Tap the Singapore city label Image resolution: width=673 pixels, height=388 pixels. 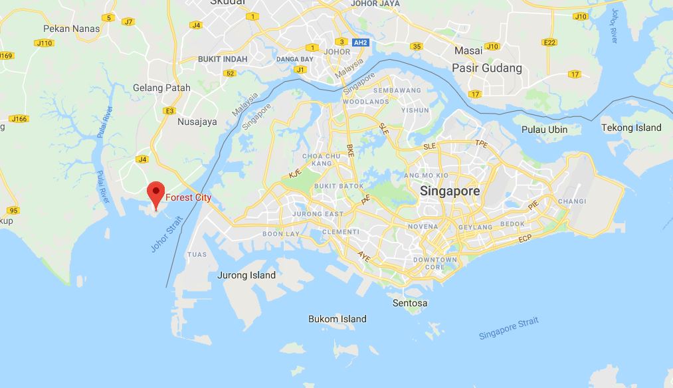coord(450,191)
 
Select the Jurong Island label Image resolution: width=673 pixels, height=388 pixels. coord(246,275)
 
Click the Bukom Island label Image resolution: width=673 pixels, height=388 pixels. coord(337,319)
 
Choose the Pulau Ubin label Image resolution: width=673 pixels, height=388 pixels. coord(544,129)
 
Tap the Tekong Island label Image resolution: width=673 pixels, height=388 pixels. coord(631,128)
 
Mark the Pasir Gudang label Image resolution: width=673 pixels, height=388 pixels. coord(486,68)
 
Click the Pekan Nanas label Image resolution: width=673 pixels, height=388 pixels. coord(71,29)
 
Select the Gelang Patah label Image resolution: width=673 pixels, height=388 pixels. coord(161,88)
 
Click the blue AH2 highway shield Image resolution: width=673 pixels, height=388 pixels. coord(361,42)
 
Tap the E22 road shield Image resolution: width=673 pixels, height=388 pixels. coord(549,42)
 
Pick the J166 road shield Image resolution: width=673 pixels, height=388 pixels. coord(19,119)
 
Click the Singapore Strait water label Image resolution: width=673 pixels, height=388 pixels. coord(509,328)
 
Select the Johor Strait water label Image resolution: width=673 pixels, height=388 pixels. coord(166,235)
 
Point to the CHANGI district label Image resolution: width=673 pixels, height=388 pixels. coord(571,201)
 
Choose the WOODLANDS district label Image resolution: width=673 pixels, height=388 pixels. coord(366,102)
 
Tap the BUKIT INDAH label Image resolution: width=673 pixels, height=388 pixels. coord(223,59)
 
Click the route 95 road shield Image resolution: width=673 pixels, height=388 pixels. coord(13,210)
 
